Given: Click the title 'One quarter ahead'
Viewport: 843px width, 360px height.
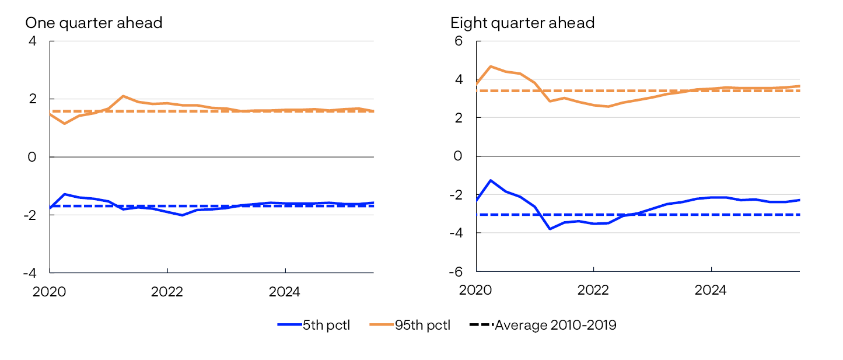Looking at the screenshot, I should click(93, 23).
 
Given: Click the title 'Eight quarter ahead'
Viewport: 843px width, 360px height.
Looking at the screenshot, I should click(522, 23).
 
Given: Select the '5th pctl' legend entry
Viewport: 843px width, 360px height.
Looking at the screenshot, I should click(313, 325).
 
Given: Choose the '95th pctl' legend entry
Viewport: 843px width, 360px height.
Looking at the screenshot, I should click(410, 325).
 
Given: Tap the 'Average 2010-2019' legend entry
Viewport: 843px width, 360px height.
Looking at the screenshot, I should click(543, 325).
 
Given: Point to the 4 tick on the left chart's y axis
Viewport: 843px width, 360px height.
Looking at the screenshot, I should click(32, 41).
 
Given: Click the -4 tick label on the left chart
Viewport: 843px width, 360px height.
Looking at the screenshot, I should click(29, 272).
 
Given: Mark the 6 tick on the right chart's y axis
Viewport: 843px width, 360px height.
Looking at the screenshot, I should click(459, 41).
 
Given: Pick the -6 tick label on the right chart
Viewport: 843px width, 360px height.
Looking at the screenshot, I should click(456, 271).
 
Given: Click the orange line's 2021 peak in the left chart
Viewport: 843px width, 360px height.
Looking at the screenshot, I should click(123, 96).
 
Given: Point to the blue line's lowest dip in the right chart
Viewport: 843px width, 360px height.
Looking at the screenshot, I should click(550, 229).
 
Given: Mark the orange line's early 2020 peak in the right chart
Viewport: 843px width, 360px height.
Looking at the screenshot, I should click(491, 67).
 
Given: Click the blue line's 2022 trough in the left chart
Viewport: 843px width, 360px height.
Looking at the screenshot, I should click(182, 215).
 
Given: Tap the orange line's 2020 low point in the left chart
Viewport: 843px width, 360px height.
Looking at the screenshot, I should click(64, 124).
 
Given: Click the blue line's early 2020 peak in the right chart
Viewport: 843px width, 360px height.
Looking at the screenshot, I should click(491, 180).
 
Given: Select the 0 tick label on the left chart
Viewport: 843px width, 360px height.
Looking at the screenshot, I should click(32, 157).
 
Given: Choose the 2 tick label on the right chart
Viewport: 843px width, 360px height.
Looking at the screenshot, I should click(459, 118).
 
